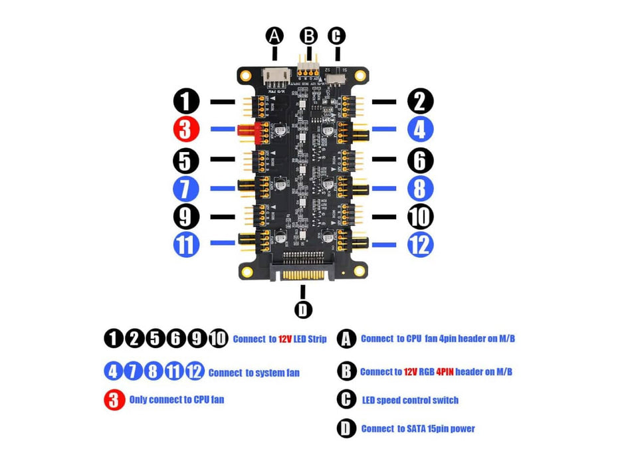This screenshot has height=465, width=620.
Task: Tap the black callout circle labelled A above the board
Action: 275,36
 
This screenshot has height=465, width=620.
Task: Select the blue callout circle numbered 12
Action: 419,245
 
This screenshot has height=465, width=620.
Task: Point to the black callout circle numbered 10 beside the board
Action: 419,217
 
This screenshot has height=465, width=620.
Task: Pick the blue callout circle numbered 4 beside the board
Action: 419,129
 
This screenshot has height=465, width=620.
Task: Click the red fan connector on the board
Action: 247,132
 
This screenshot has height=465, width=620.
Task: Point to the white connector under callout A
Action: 275,77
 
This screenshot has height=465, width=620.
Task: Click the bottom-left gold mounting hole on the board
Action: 248,271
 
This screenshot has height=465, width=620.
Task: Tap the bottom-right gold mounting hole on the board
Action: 359,271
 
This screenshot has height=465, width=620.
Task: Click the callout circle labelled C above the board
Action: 338,36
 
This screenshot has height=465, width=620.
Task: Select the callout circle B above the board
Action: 308,36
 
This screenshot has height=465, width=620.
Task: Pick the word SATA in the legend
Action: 412,429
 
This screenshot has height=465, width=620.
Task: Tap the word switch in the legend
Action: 443,400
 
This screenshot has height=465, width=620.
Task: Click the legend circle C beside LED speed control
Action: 346,400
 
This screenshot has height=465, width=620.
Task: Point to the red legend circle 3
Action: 115,401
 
